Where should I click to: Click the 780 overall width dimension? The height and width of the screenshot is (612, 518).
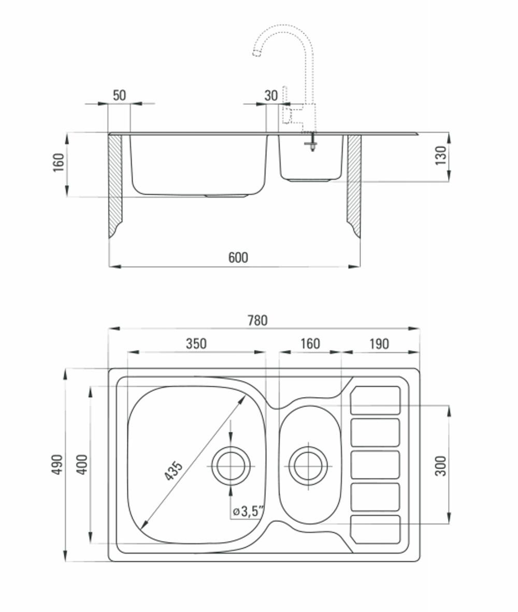click(257, 320)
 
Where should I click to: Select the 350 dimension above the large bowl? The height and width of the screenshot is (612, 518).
click(196, 343)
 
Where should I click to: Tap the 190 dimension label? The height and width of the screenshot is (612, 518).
click(379, 343)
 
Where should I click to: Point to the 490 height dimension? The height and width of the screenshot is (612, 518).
click(57, 464)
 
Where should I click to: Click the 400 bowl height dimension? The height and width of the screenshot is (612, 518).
click(82, 464)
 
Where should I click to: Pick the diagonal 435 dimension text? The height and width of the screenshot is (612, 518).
click(173, 471)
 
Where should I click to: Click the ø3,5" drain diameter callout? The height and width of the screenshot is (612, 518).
click(248, 511)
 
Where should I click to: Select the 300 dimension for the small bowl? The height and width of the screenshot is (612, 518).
click(441, 465)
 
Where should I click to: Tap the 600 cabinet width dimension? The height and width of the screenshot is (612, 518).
click(238, 258)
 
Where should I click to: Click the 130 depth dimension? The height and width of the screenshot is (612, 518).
click(441, 155)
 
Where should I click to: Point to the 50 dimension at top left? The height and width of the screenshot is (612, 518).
click(120, 95)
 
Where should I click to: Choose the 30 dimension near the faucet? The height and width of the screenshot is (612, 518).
click(271, 96)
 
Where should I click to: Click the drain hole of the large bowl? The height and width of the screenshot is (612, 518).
click(231, 466)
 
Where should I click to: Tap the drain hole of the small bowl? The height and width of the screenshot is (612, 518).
click(308, 465)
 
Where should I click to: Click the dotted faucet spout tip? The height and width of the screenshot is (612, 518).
click(256, 53)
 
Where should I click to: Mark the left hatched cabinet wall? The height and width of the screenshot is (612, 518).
click(115, 186)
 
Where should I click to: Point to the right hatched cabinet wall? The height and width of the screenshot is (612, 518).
click(354, 186)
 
